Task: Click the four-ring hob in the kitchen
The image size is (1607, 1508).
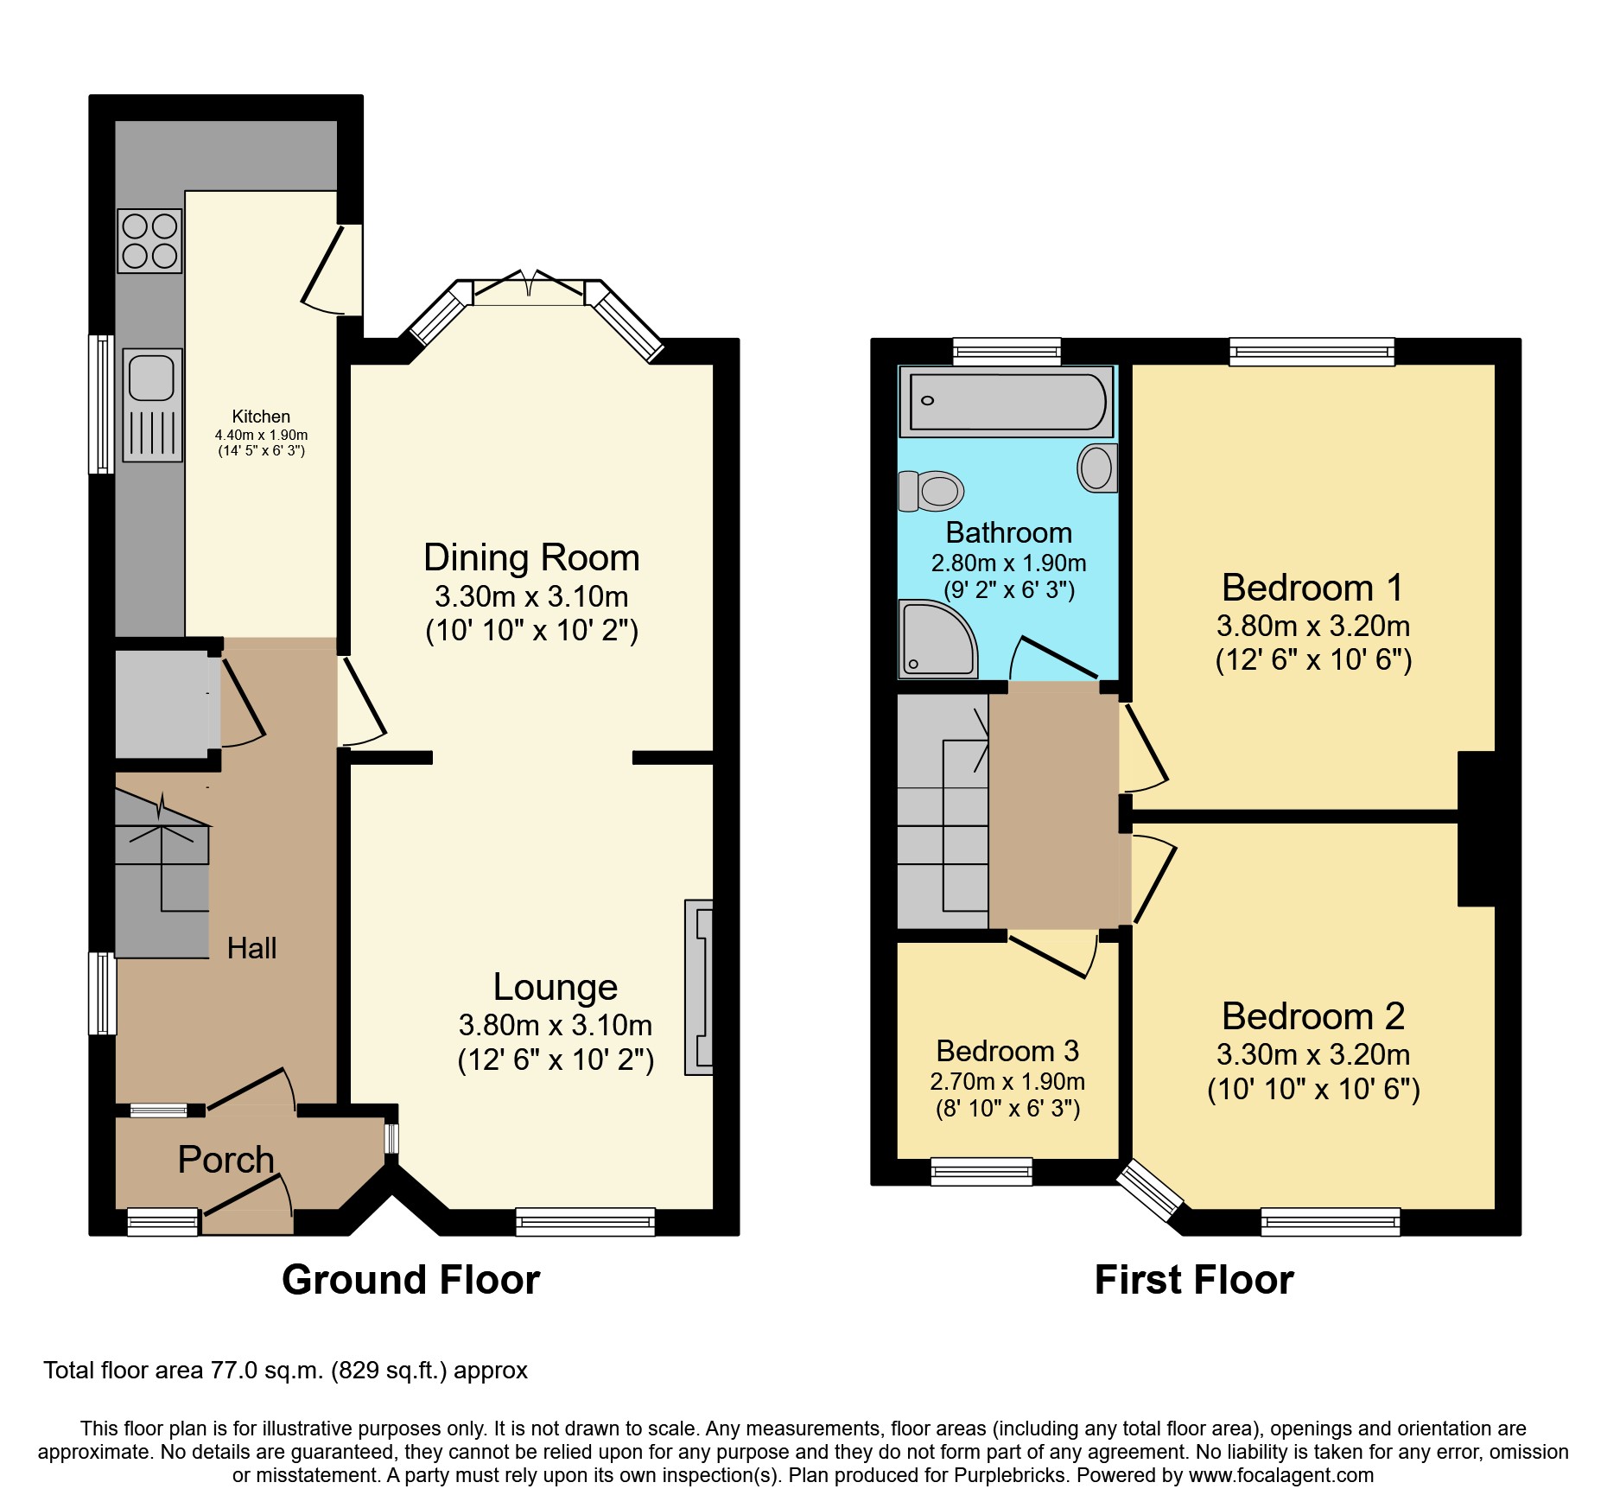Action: point(150,241)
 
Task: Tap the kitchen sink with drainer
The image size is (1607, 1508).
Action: point(152,404)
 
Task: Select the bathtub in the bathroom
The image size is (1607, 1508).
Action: point(1007,401)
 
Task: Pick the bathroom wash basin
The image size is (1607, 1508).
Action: point(1097,468)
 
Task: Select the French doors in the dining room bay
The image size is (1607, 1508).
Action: point(529,287)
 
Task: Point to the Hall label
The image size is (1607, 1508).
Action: point(251,948)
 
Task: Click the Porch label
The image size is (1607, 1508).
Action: point(225,1160)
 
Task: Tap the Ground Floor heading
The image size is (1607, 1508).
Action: point(410,1280)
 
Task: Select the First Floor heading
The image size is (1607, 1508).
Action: point(1194,1280)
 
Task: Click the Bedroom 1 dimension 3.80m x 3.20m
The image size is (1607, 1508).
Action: point(1312,626)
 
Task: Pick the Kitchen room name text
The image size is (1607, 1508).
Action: point(261,417)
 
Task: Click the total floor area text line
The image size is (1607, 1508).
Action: point(285,1371)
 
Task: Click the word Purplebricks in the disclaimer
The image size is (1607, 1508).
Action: point(1009,1475)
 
